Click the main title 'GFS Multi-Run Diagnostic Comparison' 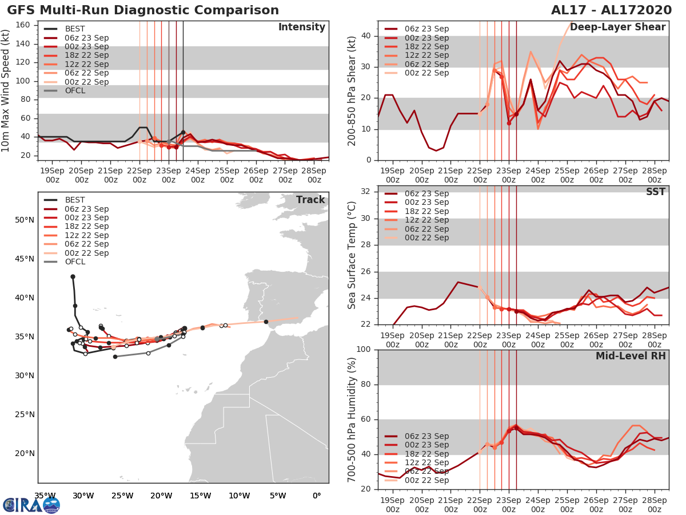pyautogui.click(x=143, y=10)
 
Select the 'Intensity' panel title pyautogui.click(x=301, y=27)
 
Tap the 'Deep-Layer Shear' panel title pyautogui.click(x=617, y=27)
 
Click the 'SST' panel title pyautogui.click(x=655, y=192)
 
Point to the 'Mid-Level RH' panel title pyautogui.click(x=631, y=356)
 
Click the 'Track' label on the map pyautogui.click(x=310, y=200)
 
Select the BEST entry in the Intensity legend pyautogui.click(x=75, y=29)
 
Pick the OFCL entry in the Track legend pyautogui.click(x=75, y=262)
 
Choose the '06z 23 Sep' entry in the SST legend pyautogui.click(x=426, y=194)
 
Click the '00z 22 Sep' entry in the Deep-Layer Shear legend pyautogui.click(x=426, y=73)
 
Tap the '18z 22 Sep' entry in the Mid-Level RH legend pyautogui.click(x=426, y=454)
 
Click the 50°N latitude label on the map pyautogui.click(x=25, y=220)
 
